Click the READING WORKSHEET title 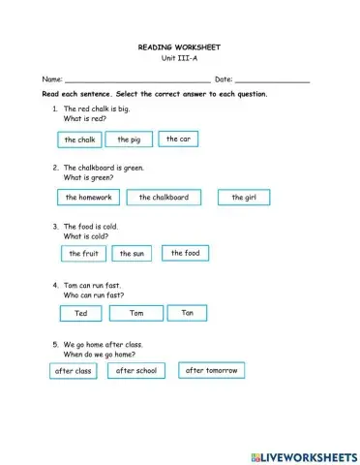pyautogui.click(x=179, y=46)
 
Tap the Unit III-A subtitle pyautogui.click(x=179, y=58)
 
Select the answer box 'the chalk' pyautogui.click(x=80, y=140)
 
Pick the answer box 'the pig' pyautogui.click(x=129, y=139)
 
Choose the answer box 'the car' pyautogui.click(x=178, y=139)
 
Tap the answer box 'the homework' pyautogui.click(x=89, y=198)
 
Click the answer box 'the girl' pyautogui.click(x=244, y=198)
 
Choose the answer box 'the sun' pyautogui.click(x=132, y=254)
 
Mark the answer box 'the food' pyautogui.click(x=185, y=253)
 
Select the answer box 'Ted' pyautogui.click(x=80, y=314)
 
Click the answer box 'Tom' pyautogui.click(x=136, y=313)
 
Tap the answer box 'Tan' pyautogui.click(x=188, y=312)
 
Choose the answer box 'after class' pyautogui.click(x=74, y=371)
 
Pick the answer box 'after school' pyautogui.click(x=136, y=370)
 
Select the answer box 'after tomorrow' pyautogui.click(x=212, y=370)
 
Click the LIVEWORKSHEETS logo pyautogui.click(x=303, y=454)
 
